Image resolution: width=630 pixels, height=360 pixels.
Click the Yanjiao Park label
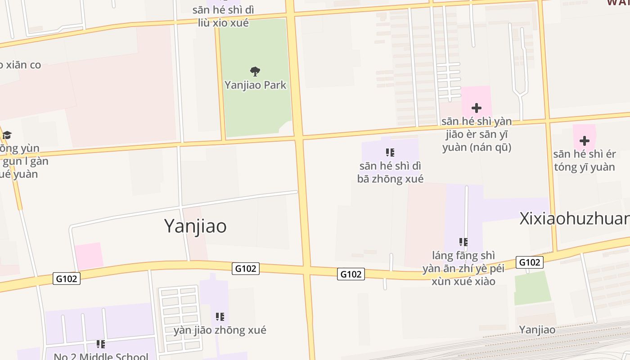(255, 85)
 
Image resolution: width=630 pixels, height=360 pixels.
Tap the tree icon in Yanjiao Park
(255, 71)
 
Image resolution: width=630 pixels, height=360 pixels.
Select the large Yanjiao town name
(195, 225)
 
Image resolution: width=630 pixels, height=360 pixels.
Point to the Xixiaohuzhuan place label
(574, 219)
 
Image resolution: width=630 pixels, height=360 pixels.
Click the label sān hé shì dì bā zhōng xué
(390, 172)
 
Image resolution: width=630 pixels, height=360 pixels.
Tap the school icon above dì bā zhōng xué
(390, 153)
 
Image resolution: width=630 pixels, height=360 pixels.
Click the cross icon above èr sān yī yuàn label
(476, 108)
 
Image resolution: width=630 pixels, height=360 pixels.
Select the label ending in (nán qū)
(477, 134)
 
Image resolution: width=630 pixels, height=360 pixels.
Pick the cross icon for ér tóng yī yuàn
(584, 141)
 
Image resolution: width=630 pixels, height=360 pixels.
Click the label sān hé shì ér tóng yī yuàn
(584, 161)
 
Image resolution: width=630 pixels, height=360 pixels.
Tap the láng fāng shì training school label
(463, 268)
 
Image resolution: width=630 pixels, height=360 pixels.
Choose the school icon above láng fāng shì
(463, 243)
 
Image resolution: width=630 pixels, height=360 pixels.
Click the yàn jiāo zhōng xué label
(220, 330)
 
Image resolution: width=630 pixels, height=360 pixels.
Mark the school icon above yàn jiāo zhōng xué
(220, 317)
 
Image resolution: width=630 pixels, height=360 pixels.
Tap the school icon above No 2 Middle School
(101, 344)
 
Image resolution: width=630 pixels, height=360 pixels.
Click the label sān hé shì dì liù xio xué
(223, 16)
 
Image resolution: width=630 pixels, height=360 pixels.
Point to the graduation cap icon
(7, 135)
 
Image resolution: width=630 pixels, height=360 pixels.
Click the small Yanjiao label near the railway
(537, 329)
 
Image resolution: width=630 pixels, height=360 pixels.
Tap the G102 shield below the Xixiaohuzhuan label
(529, 262)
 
